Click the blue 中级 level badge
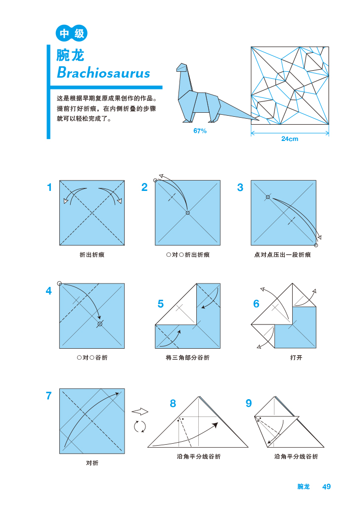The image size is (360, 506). pos(72,34)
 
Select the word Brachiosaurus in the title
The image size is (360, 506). pos(103,73)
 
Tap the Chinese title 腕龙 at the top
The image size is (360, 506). pos(71,54)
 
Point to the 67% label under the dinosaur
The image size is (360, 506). pos(200,131)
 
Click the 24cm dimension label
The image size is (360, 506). pos(290,139)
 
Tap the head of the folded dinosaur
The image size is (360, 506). pos(182,68)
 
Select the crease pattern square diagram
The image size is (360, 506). pos(290,86)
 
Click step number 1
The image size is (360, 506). pos(49,187)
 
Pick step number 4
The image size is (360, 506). pos(48,291)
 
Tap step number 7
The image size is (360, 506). pos(48,396)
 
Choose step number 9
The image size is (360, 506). pos(248,404)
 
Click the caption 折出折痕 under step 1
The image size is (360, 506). pos(92,255)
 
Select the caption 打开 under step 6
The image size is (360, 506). pos(296,358)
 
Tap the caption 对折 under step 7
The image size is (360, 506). pos(92,463)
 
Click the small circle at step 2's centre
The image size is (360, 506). pos(187,213)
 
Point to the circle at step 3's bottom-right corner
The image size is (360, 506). pos(316,245)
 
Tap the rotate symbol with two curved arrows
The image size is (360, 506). pos(140,426)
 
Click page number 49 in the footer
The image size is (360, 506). pos(326,487)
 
